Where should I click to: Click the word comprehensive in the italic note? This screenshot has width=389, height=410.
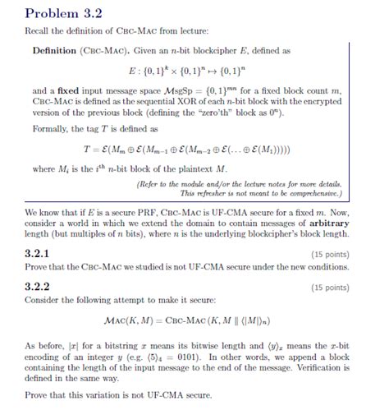[x=313, y=194]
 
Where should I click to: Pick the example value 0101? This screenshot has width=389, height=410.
[x=179, y=357]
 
